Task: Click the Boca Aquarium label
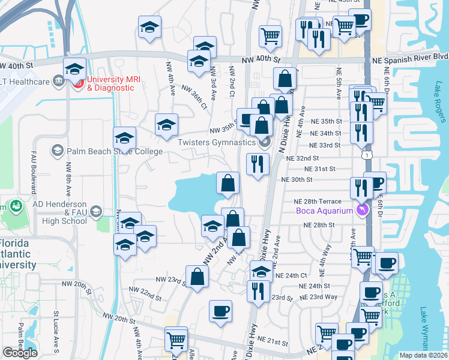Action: coord(325,210)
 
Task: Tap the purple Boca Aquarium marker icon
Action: coord(361,209)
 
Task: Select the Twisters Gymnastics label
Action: coord(216,142)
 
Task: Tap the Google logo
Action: coord(20,353)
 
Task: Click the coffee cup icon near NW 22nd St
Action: coord(220,311)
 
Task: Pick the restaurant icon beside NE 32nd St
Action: coord(258,163)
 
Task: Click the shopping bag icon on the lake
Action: coord(228,183)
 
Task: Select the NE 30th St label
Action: coord(297,179)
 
